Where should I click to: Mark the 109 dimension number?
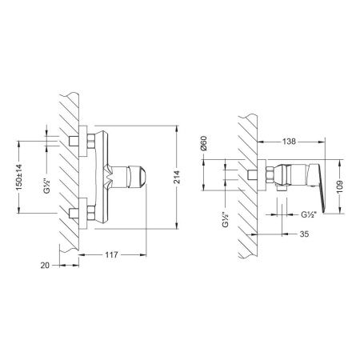coord(342,186)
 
